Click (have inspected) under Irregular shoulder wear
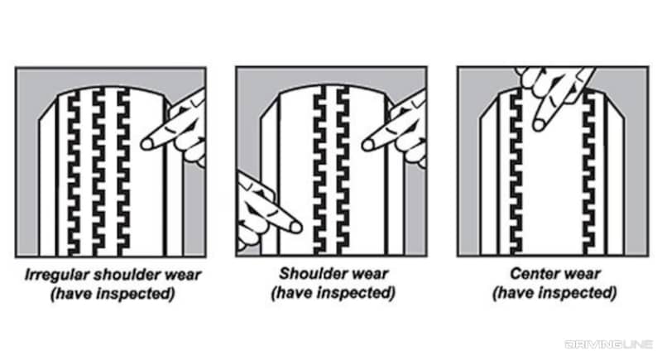click(x=111, y=292)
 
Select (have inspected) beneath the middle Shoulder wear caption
click(x=333, y=292)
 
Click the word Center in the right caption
click(x=530, y=274)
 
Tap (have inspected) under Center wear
click(x=554, y=292)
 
